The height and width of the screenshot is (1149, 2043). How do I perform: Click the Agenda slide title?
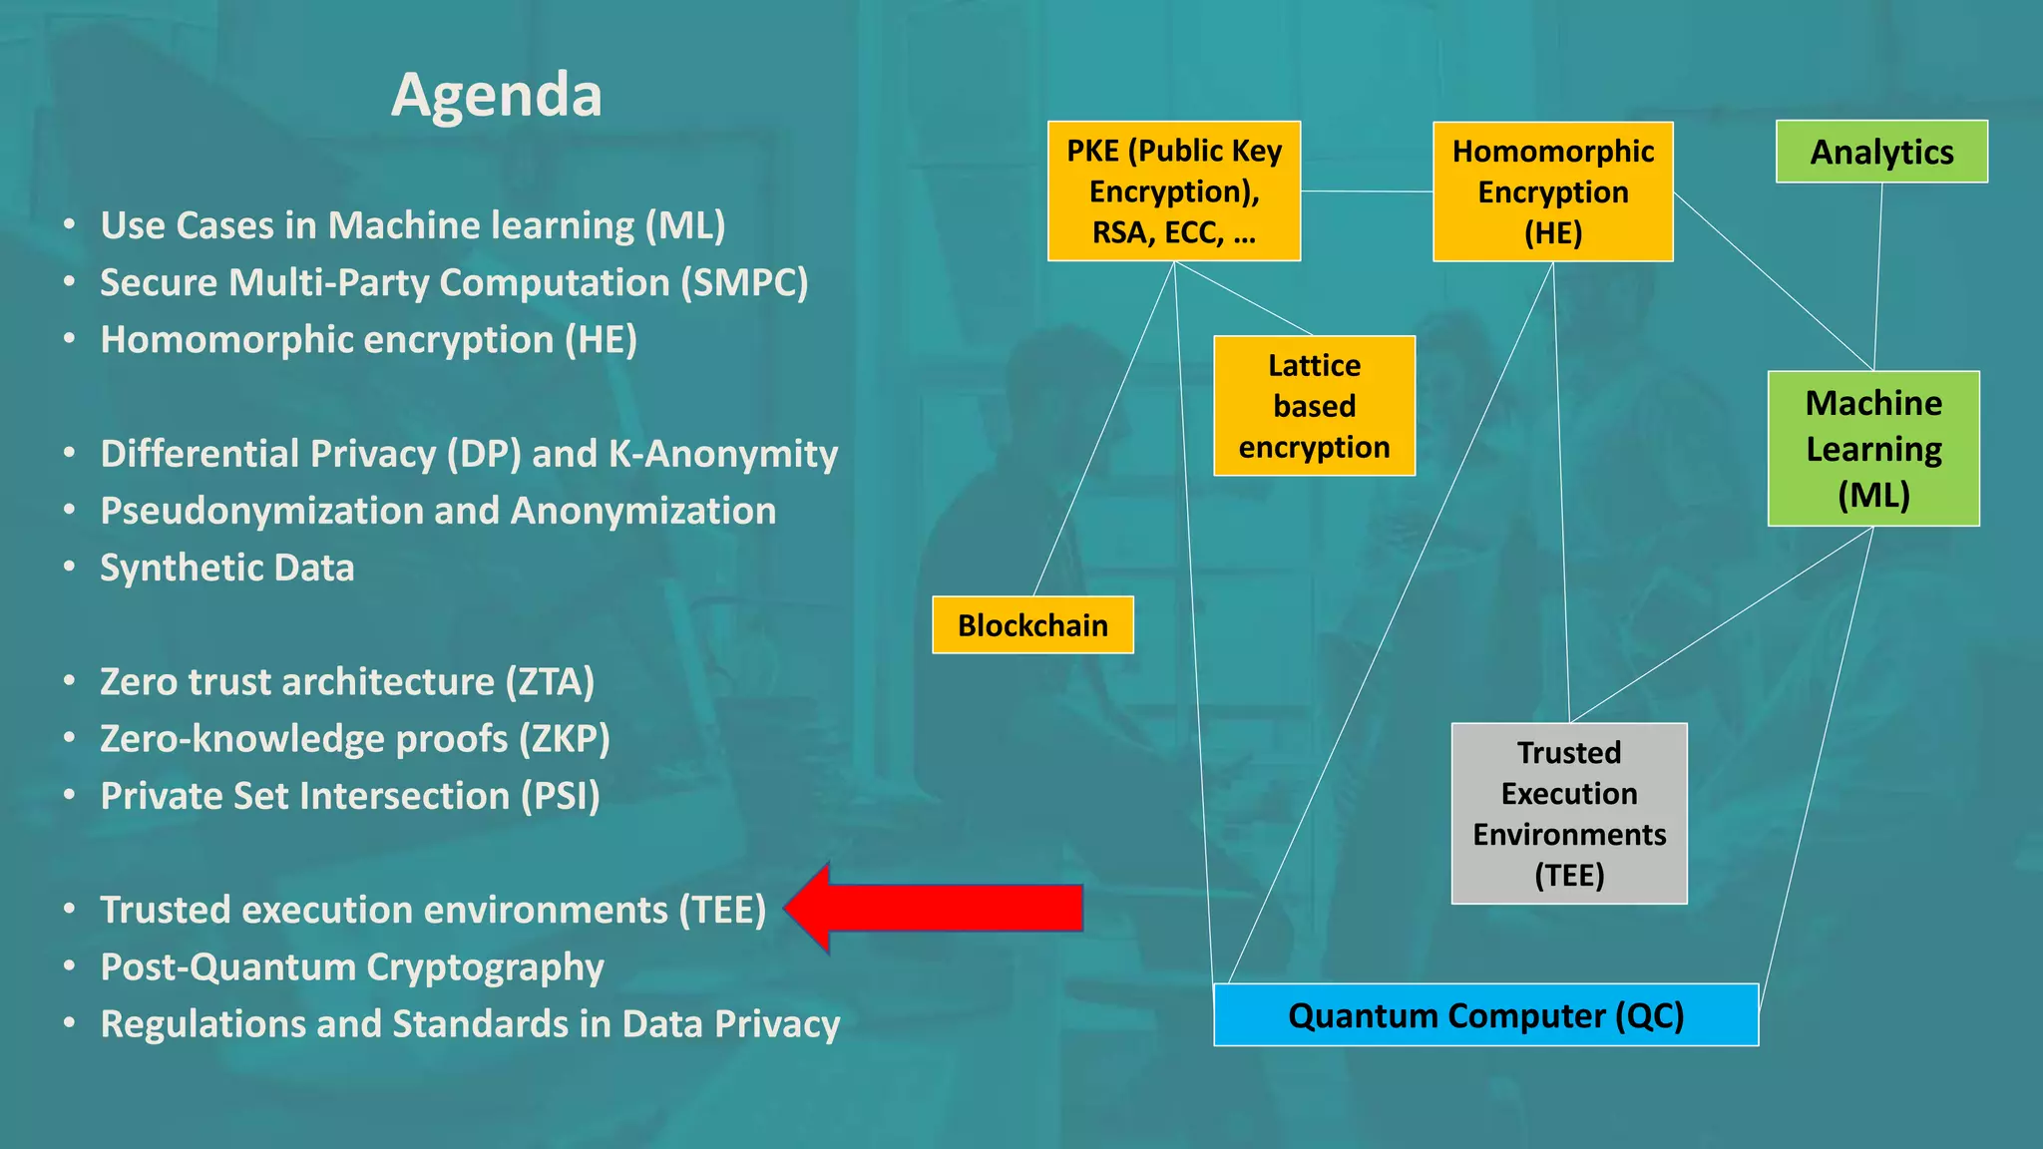click(497, 96)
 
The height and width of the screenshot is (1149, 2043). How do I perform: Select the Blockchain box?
click(1032, 625)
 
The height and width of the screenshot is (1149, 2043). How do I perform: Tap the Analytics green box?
click(1881, 152)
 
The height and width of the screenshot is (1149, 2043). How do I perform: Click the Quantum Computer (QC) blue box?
click(1485, 1015)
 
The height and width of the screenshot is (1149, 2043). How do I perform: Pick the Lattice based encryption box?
click(1314, 406)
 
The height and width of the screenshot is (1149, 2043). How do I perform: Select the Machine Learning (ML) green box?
click(1873, 449)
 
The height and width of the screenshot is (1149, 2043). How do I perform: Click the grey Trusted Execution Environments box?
click(1569, 814)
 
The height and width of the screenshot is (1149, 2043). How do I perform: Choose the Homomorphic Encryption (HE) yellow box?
click(1552, 191)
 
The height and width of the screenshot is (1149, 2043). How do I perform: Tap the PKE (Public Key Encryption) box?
click(1173, 191)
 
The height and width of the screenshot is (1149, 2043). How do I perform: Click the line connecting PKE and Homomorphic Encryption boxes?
click(1367, 191)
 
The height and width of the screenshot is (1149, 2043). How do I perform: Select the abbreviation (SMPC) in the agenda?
click(744, 283)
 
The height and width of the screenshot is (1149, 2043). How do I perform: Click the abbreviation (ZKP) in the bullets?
click(564, 739)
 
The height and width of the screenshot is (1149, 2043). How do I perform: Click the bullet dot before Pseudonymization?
click(69, 511)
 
